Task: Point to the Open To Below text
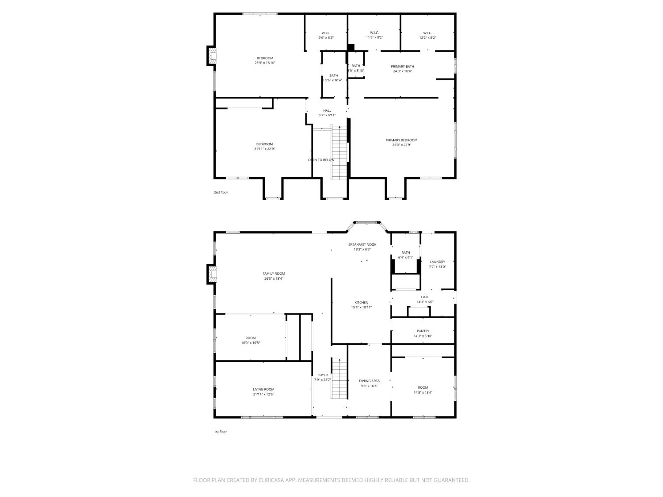[321, 159]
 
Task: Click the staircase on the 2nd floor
[339, 152]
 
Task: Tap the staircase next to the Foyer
[339, 379]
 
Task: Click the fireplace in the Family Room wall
[213, 274]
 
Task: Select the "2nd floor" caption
[221, 192]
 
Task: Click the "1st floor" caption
[220, 432]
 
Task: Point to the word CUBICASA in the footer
[271, 480]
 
